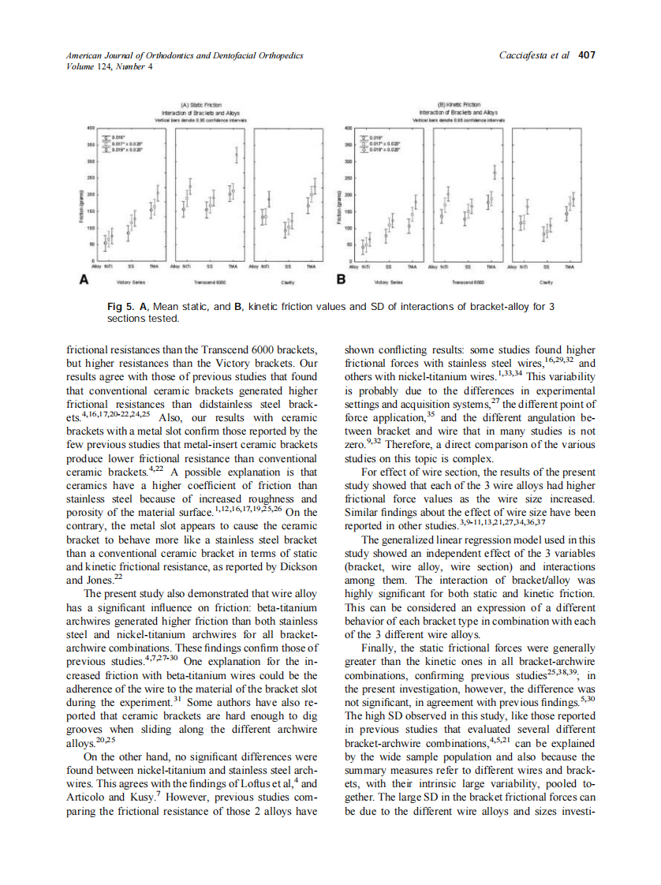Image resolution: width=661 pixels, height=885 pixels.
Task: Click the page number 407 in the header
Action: tap(586, 55)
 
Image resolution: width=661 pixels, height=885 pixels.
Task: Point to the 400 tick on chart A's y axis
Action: tap(91, 126)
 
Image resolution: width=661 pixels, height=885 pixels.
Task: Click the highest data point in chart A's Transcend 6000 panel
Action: tap(237, 155)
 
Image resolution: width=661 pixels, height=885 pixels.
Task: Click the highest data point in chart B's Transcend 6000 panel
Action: tap(495, 171)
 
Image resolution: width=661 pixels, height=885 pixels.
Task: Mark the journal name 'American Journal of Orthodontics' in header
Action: tap(132, 55)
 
